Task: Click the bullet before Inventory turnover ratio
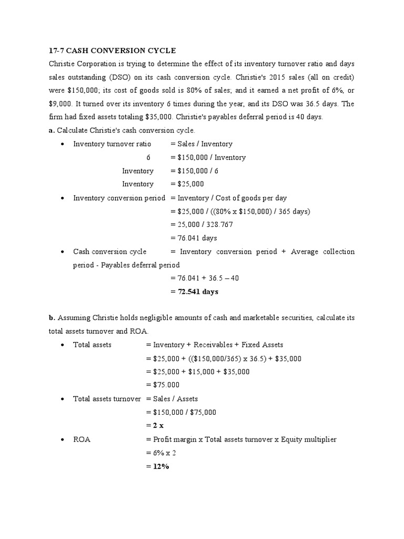[x=63, y=144]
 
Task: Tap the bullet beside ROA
[x=63, y=440]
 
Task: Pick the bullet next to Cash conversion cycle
[x=63, y=252]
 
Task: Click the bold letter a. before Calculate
[x=52, y=131]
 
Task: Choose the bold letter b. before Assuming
[x=52, y=318]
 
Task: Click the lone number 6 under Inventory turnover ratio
[x=148, y=157]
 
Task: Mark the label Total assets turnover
[x=107, y=398]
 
